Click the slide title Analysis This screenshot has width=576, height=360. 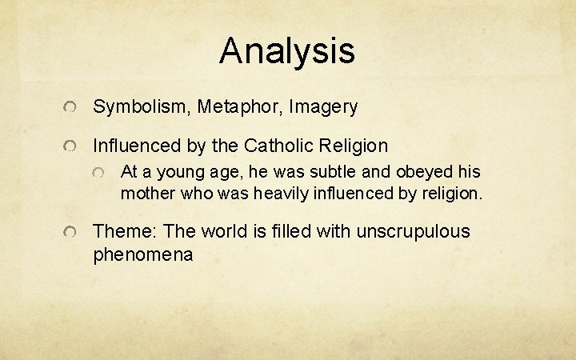(x=287, y=51)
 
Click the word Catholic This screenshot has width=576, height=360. (x=281, y=146)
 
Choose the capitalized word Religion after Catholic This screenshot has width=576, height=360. (x=355, y=146)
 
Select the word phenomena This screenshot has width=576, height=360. (x=142, y=255)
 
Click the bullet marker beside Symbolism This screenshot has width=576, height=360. (x=71, y=107)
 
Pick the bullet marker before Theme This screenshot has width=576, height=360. (x=71, y=233)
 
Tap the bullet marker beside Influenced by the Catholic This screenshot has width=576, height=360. (x=71, y=147)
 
